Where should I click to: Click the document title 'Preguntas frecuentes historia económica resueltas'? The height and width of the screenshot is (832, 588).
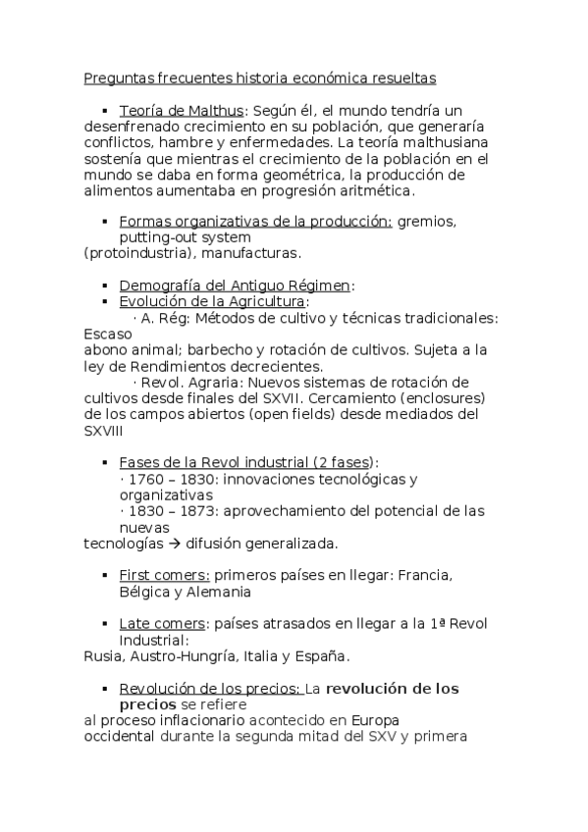click(260, 77)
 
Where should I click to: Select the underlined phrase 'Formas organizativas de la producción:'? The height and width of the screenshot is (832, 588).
click(255, 222)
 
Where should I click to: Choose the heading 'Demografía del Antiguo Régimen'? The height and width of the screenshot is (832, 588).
click(235, 286)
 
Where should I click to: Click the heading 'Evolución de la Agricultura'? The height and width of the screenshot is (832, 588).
click(212, 301)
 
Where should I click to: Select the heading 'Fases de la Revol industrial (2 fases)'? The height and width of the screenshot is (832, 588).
click(248, 462)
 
